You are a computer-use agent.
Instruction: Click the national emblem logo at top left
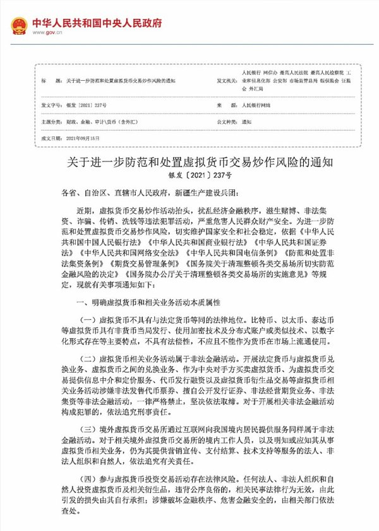pos(19,26)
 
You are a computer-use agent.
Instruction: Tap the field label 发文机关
pos(226,81)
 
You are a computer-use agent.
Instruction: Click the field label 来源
pos(221,105)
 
